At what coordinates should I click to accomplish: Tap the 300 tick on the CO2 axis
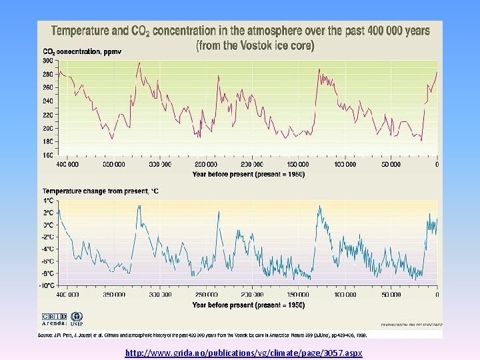pos(48,61)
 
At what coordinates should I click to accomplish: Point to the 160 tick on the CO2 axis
pos(48,155)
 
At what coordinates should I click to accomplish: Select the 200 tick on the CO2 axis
pos(48,128)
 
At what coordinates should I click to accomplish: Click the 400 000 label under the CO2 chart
pos(67,165)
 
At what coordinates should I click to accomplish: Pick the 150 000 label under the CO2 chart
pos(298,165)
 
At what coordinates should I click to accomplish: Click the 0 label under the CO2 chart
pos(437,165)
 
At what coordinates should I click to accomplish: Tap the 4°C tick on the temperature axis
pos(49,201)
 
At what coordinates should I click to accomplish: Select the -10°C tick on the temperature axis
pos(47,285)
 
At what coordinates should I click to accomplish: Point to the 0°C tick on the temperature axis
pos(49,225)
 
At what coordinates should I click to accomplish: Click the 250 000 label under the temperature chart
pos(205,295)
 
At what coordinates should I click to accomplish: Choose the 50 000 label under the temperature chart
pos(391,295)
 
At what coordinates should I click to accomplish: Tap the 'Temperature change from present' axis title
pos(101,191)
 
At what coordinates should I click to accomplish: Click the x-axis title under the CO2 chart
pos(248,174)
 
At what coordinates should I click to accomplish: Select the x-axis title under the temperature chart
pos(248,305)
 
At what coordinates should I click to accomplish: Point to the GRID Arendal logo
pos(54,319)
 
